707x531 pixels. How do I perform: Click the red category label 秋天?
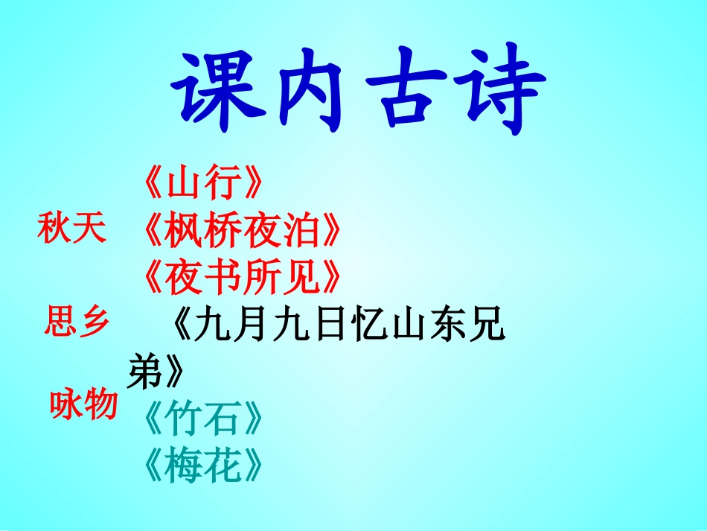coord(71,229)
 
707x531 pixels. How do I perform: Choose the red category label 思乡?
coord(77,323)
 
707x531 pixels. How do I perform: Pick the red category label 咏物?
coord(83,405)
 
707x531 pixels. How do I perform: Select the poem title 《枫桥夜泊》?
coord(242,232)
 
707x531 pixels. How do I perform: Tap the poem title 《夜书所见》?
coord(242,279)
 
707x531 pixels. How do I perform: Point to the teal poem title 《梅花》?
coord(203,468)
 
